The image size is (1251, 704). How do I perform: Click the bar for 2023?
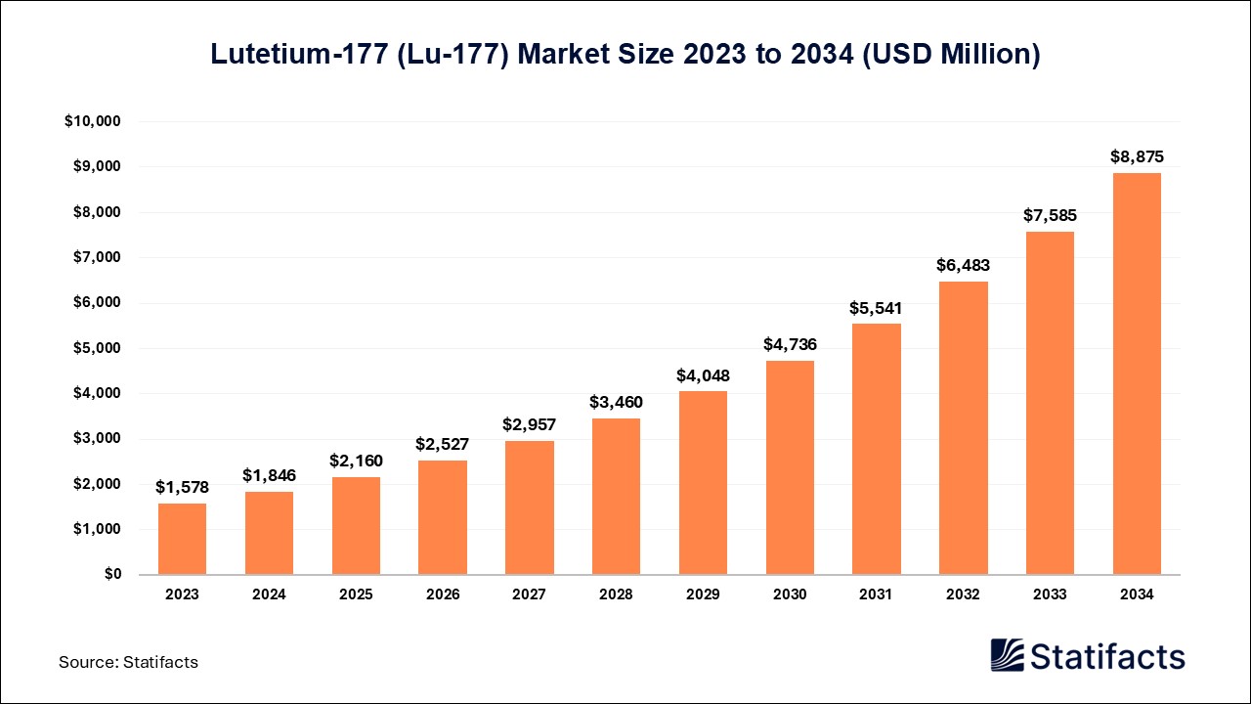coord(182,539)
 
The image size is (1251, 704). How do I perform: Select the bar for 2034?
coord(1137,374)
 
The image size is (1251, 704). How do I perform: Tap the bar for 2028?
coord(616,497)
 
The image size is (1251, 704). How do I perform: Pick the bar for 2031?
coord(877,449)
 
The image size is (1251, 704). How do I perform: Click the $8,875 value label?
coord(1137,156)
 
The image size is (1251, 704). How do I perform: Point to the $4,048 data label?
coord(703,375)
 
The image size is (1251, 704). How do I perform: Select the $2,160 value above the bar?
coord(356,461)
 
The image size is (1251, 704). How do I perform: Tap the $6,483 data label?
coord(964,265)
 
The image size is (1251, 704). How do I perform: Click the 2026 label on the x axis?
coord(443,594)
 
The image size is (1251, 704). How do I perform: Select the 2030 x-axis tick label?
coord(790,594)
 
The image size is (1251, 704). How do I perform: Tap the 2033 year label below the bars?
coord(1050,594)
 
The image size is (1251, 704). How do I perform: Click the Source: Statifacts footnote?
coord(128,662)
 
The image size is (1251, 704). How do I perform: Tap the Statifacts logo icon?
coord(1008,655)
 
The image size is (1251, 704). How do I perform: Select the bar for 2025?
coord(356,525)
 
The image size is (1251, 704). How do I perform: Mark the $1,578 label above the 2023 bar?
coord(182,487)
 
